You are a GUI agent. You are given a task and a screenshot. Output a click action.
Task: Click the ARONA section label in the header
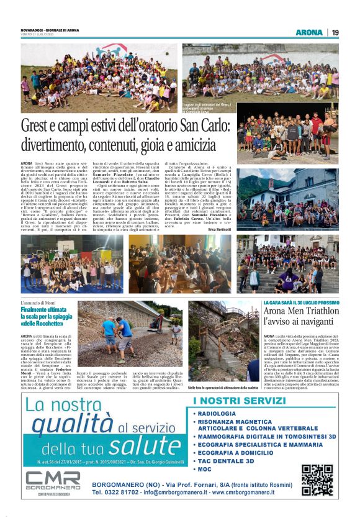tap(309, 32)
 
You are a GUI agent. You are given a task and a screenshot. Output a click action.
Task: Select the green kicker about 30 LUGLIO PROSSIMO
tap(300, 302)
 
